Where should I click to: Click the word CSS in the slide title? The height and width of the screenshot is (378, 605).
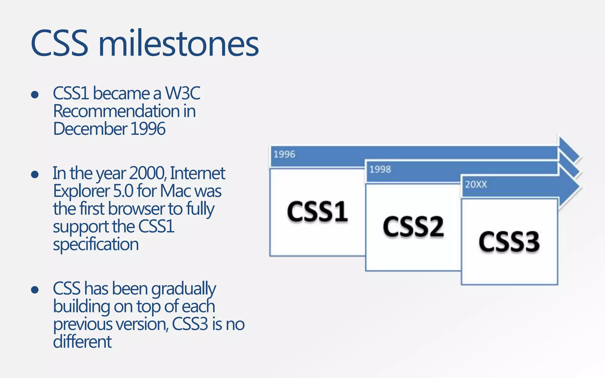click(x=59, y=44)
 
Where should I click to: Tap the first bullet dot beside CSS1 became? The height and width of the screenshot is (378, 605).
click(x=35, y=94)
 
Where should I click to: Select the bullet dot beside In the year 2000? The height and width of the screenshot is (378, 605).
click(x=35, y=174)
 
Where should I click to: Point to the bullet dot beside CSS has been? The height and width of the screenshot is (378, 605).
click(x=35, y=290)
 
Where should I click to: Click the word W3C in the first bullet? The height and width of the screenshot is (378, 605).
click(x=183, y=93)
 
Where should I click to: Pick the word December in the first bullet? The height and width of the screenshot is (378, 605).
click(x=90, y=129)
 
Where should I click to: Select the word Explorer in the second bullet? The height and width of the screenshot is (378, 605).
click(x=82, y=191)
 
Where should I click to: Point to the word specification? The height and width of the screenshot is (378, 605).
click(x=96, y=245)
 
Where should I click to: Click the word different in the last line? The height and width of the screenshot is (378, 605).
click(x=82, y=342)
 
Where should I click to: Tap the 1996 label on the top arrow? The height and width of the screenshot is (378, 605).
click(x=284, y=154)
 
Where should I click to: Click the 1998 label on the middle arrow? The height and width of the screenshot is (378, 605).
click(x=380, y=170)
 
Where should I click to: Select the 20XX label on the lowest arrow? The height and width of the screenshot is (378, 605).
click(x=476, y=185)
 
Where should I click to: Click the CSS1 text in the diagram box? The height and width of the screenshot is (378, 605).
click(x=317, y=211)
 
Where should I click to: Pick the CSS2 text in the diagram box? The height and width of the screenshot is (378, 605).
click(x=413, y=227)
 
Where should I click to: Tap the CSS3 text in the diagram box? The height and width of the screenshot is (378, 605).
click(x=509, y=242)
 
